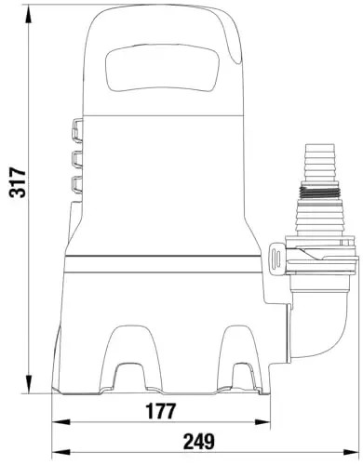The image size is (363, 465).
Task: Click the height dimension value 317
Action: pos(18,182)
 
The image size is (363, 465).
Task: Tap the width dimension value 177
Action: pos(161,411)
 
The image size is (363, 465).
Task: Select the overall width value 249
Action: pos(199,441)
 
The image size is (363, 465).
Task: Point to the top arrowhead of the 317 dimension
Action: pos(29,16)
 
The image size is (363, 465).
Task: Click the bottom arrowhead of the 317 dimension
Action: pos(29,384)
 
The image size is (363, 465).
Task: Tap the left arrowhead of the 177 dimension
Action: pos(60,421)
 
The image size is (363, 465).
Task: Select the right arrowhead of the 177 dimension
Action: pos(262,421)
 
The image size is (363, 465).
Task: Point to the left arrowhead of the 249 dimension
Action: pos(60,452)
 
